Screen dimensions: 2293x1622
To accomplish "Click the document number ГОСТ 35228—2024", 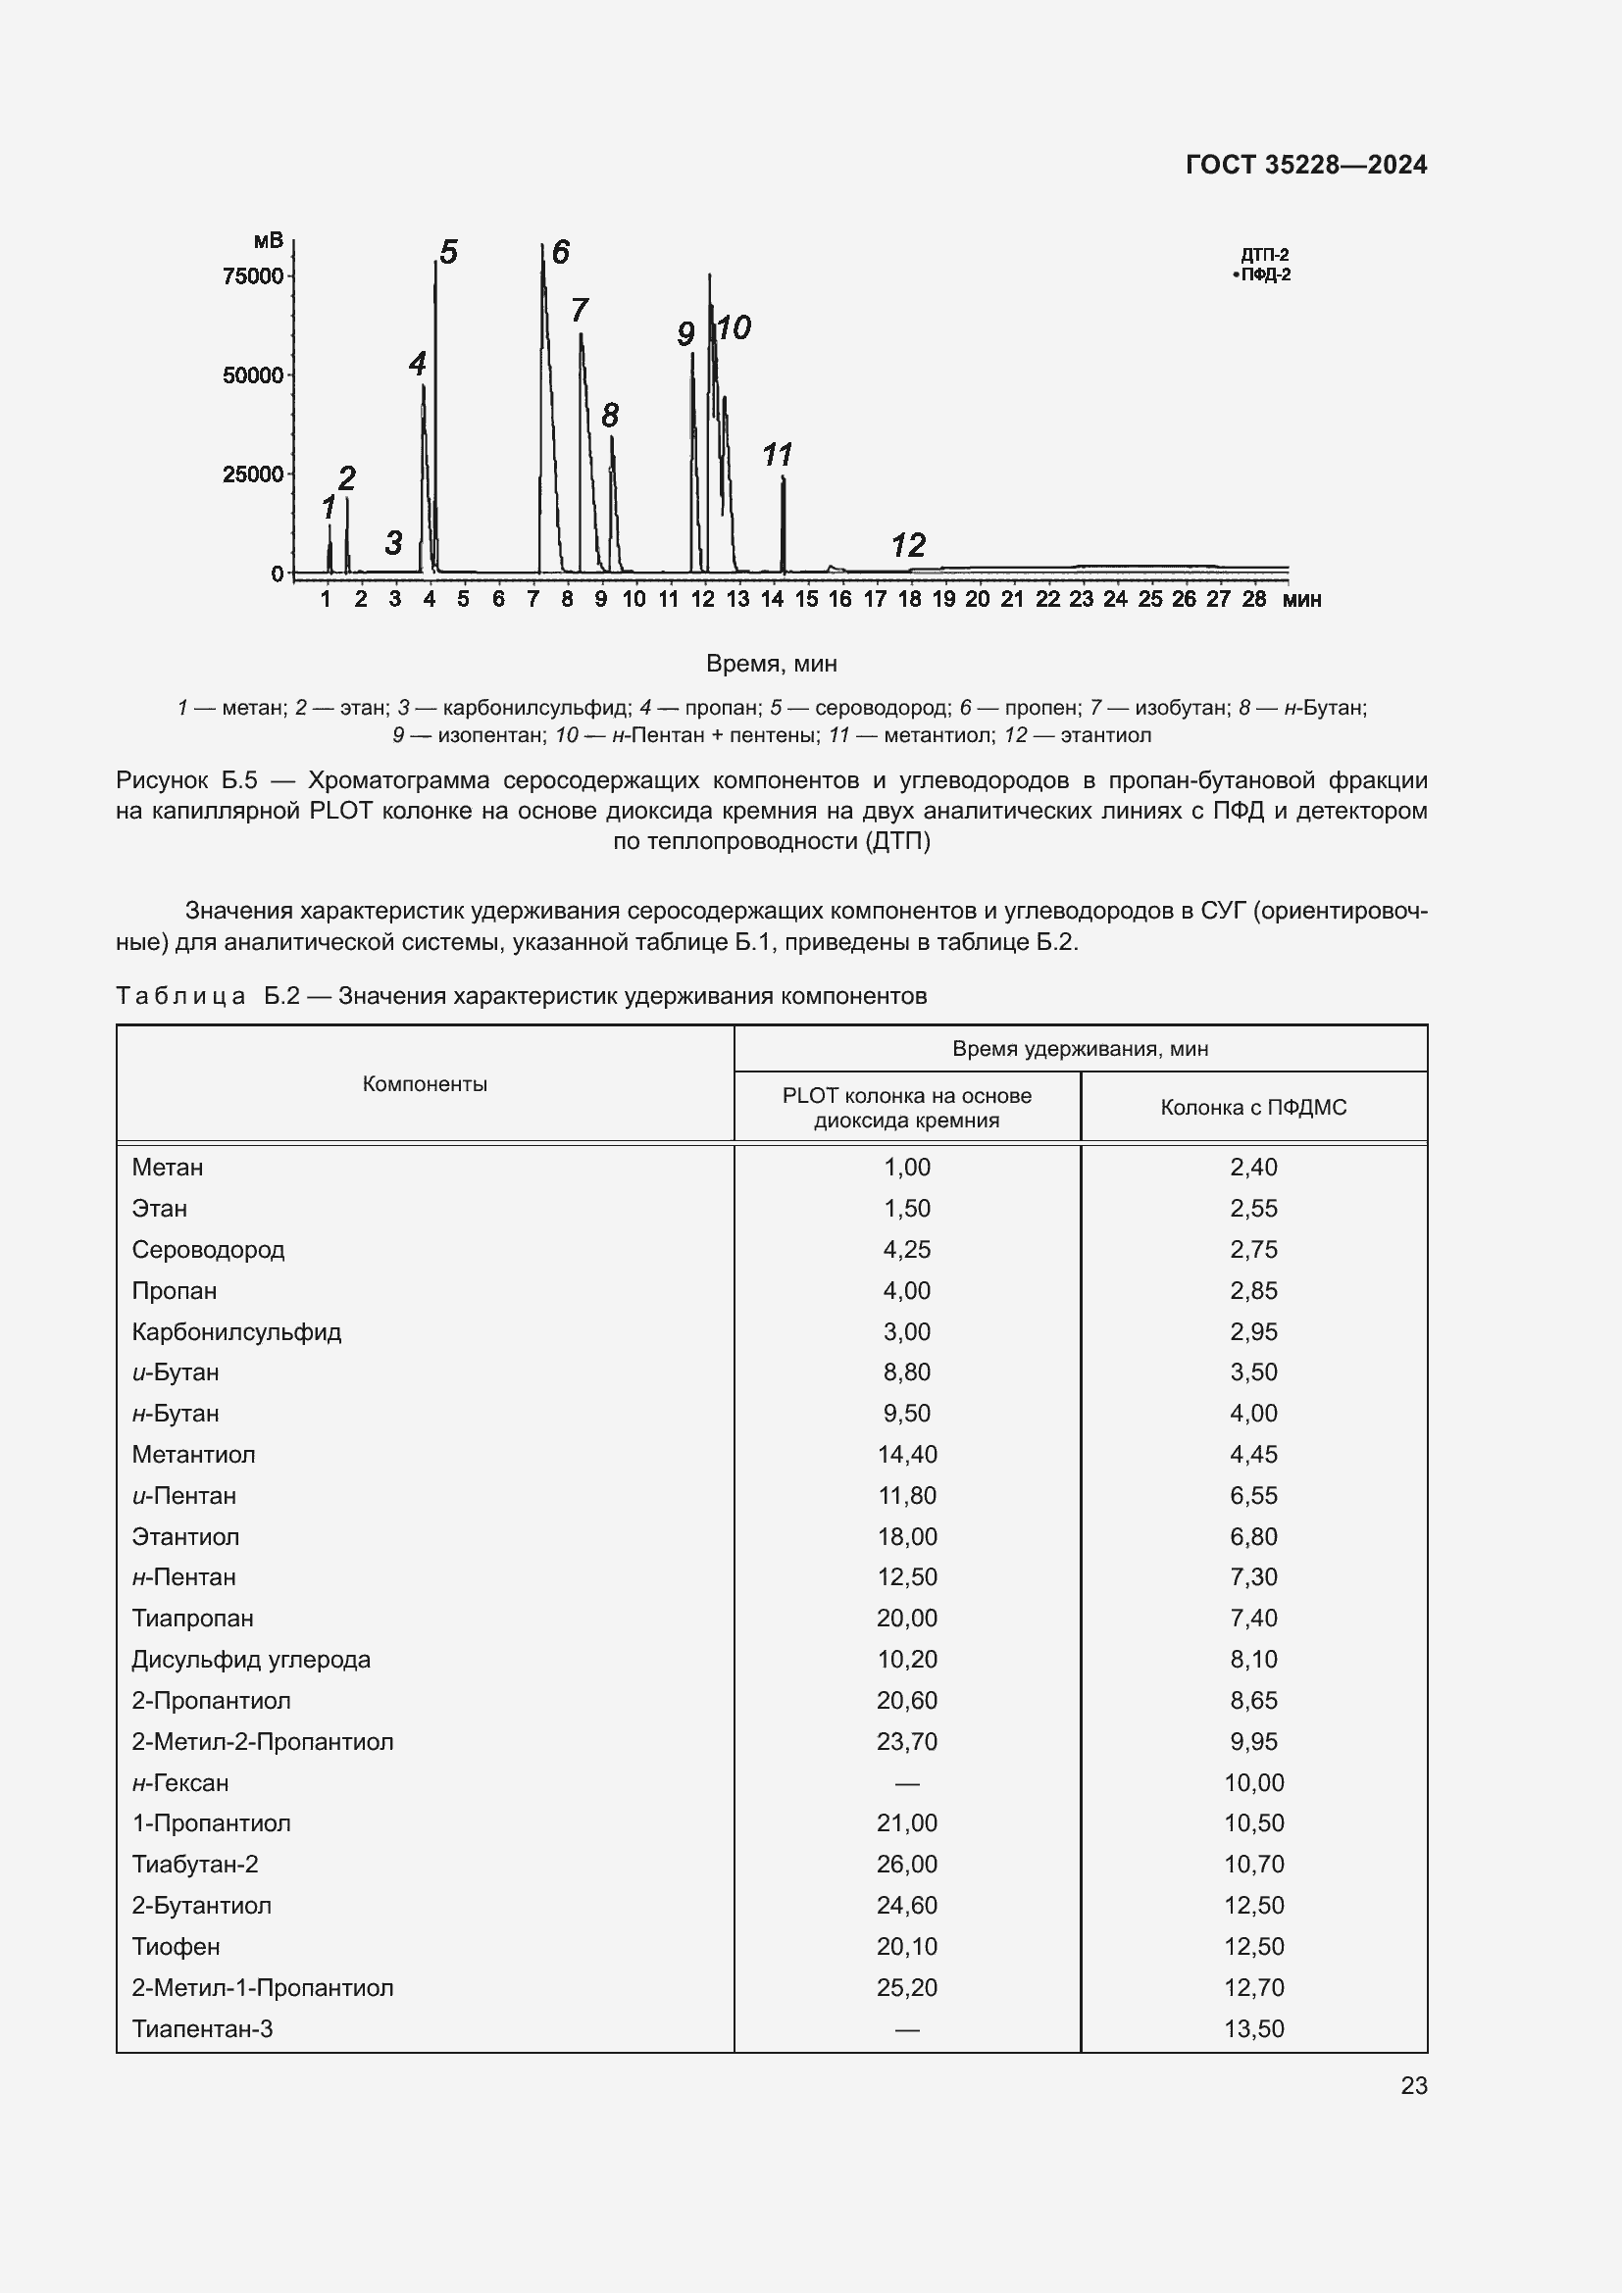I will coord(1305,165).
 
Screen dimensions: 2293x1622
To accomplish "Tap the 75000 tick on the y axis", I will coord(253,276).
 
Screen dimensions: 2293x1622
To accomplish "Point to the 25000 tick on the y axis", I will coord(253,474).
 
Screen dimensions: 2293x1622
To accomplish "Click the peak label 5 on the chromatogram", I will coord(448,253).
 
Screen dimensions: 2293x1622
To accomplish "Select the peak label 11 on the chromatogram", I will coord(776,456).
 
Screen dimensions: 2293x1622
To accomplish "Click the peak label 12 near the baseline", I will coord(908,545).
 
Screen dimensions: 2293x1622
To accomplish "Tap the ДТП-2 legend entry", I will coord(1264,255).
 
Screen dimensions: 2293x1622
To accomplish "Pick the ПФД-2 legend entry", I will coord(1264,274).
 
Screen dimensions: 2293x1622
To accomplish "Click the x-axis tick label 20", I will coord(977,599).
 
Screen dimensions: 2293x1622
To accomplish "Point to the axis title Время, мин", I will coord(771,663).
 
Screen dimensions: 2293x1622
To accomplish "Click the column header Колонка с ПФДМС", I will coord(1252,1107).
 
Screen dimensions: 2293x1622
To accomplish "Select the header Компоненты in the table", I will coord(425,1083).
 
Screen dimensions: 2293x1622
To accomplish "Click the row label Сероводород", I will coord(208,1249).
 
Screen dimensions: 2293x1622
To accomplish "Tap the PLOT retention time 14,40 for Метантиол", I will coord(907,1454).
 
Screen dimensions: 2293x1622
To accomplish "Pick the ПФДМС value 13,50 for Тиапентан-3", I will coord(1253,2028).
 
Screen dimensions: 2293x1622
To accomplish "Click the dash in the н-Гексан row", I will coord(907,1782).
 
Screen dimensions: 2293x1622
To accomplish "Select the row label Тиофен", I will coord(176,1947).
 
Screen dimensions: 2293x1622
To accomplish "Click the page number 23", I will coord(1413,2085).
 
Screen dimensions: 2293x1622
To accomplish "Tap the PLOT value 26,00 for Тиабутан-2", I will coord(907,1864).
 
